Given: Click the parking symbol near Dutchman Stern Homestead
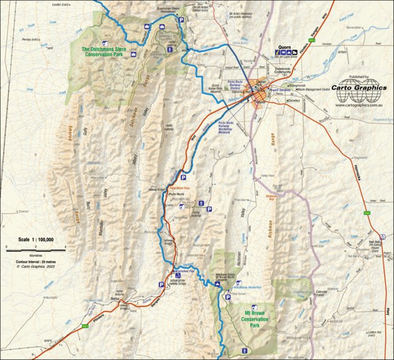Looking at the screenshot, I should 182,21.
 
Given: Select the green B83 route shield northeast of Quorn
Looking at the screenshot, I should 316,40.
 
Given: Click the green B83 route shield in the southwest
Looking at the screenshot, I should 85,325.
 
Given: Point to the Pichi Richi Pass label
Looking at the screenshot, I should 179,187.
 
